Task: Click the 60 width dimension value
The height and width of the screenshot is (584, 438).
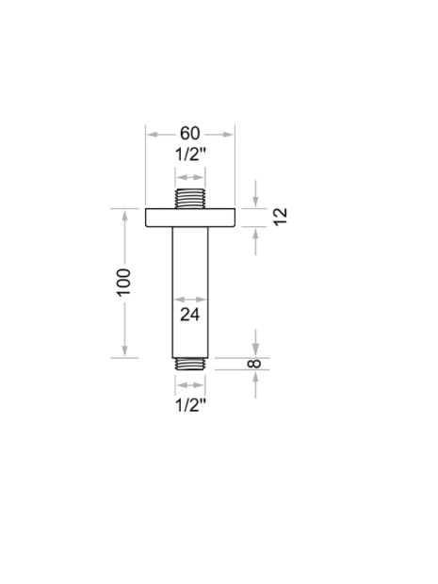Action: [x=190, y=134]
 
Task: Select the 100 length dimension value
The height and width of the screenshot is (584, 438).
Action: [x=124, y=282]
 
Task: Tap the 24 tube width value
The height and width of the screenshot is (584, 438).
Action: [x=190, y=315]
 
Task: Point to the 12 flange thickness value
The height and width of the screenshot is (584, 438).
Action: [x=281, y=216]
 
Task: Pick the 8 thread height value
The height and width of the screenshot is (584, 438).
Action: [x=254, y=364]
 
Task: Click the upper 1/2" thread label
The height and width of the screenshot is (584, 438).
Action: [x=190, y=154]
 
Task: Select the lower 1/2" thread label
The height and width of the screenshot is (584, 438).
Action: [x=190, y=405]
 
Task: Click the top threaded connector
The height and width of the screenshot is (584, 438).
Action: [x=190, y=199]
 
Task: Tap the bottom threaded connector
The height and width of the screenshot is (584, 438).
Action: [x=190, y=364]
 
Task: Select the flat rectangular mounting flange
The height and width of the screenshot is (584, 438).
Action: [x=190, y=218]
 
